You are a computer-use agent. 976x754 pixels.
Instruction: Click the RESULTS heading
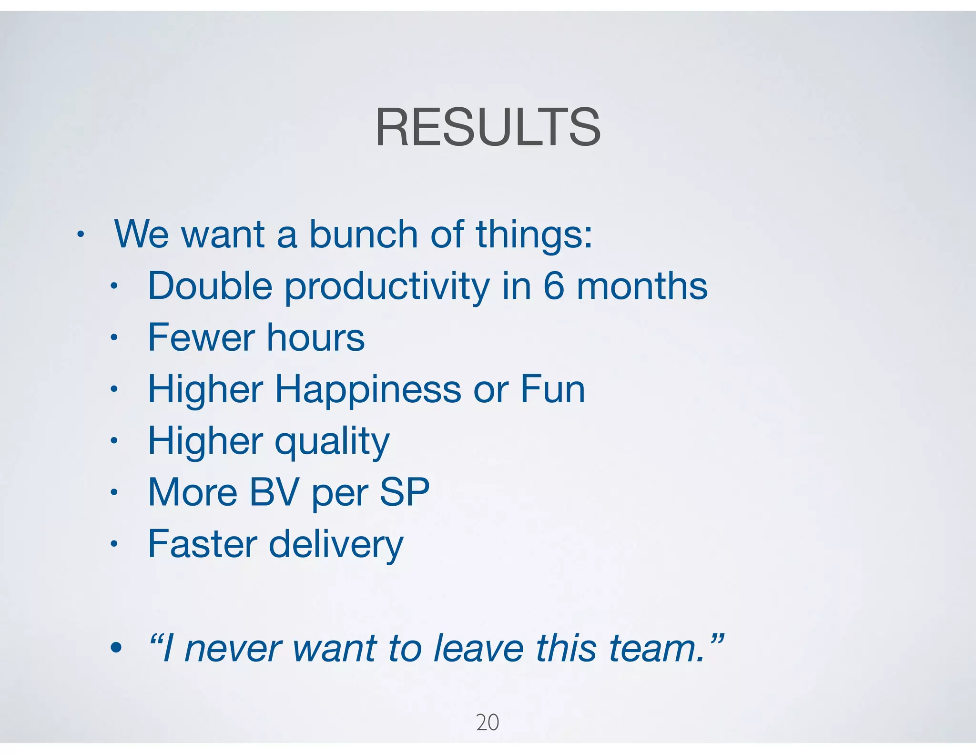(x=488, y=127)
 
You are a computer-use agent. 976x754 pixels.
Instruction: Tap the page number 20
(x=488, y=722)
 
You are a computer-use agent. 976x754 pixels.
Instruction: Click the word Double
(x=210, y=286)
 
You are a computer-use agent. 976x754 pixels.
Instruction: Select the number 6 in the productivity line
(x=554, y=286)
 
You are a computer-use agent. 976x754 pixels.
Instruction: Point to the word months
(x=642, y=286)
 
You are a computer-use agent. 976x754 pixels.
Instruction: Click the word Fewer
(x=201, y=337)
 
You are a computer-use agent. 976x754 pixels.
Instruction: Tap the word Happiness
(x=368, y=390)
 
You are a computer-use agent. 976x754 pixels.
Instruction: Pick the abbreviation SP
(x=405, y=492)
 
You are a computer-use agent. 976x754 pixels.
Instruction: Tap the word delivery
(x=336, y=545)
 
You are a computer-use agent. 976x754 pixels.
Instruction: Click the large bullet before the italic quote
(x=116, y=648)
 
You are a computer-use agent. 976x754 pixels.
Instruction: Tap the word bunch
(x=363, y=234)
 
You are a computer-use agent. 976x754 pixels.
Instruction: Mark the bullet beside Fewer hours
(x=113, y=338)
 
